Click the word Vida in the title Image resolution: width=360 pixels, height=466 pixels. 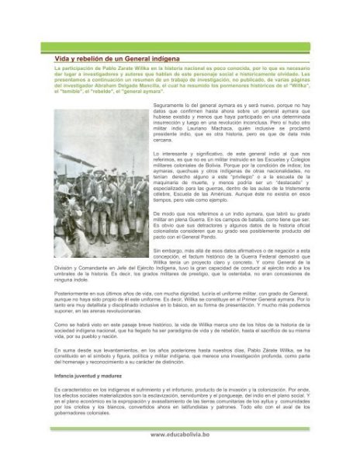(62, 59)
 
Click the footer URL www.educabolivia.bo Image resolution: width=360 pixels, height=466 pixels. (180, 435)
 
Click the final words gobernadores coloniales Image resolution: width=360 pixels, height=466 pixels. (82, 413)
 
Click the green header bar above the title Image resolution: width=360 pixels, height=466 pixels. (180, 47)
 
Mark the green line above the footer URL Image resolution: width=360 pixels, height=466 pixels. (180, 426)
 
